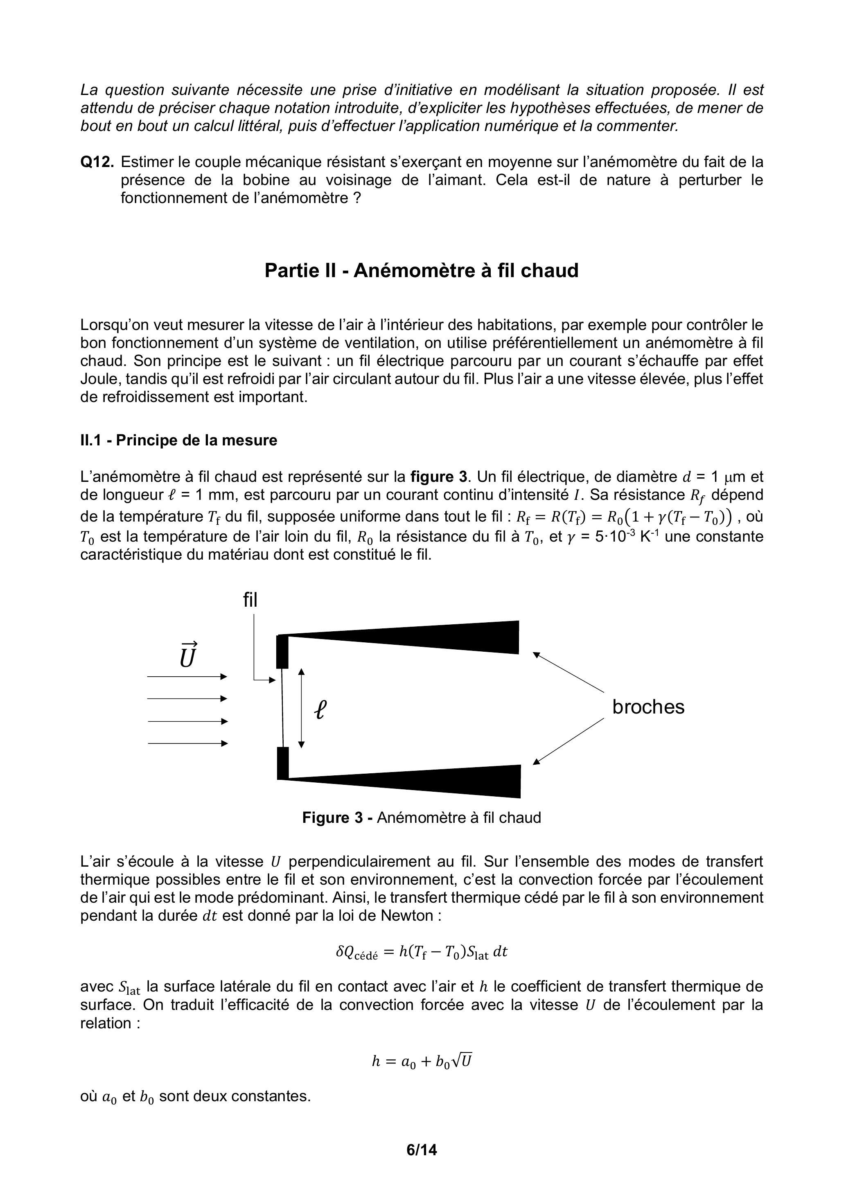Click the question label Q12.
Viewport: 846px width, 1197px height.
tap(97, 162)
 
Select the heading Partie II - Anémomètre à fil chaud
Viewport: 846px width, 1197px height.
tap(421, 271)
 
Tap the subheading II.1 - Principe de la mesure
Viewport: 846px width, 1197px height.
tap(178, 440)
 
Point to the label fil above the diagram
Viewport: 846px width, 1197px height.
tap(250, 600)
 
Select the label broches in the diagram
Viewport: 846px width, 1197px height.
tap(648, 707)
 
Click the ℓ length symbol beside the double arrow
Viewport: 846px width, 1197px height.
tap(320, 709)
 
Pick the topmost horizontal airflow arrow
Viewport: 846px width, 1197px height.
tap(187, 677)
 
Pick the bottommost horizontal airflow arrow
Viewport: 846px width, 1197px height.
tap(187, 743)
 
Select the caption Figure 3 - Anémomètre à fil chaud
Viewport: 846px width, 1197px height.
tap(421, 817)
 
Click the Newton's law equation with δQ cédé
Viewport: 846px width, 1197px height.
tap(421, 952)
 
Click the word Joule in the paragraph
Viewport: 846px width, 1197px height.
tap(101, 379)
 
